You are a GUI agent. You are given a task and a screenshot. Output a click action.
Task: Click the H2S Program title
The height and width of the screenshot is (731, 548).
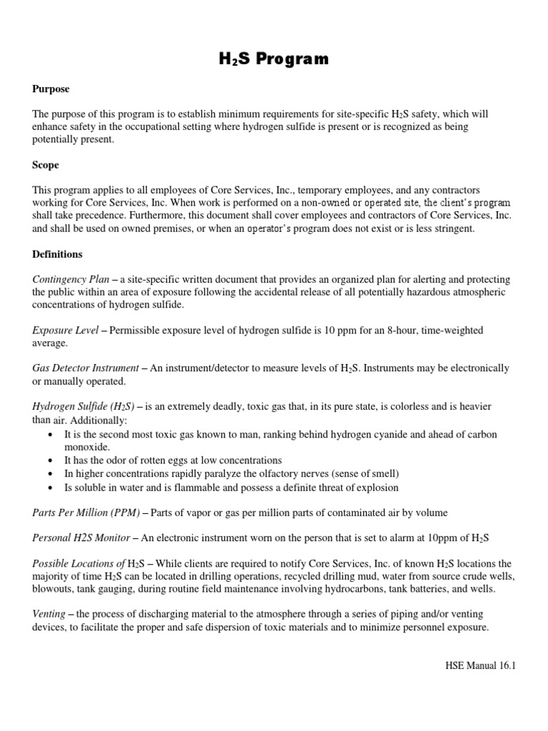(274, 59)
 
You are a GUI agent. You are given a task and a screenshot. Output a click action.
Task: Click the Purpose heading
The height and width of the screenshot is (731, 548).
(51, 89)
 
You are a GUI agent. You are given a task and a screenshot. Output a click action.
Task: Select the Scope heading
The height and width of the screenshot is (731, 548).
(46, 165)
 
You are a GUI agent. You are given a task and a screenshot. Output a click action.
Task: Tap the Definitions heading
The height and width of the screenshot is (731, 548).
(57, 254)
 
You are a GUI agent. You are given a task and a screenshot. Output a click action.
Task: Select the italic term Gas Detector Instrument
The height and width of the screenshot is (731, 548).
(86, 368)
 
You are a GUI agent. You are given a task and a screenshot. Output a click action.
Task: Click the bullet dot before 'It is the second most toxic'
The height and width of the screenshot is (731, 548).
(49, 435)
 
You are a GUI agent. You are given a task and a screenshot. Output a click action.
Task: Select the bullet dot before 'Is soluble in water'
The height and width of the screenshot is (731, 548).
(49, 488)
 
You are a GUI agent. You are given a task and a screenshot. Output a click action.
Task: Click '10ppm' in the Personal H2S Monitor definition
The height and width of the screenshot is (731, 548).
(450, 538)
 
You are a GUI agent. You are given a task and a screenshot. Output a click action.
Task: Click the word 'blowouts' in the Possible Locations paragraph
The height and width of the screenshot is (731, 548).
(52, 589)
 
